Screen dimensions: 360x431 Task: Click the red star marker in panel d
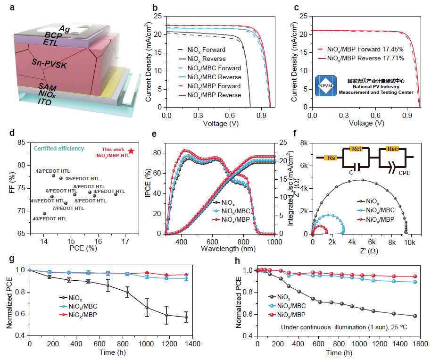point(131,151)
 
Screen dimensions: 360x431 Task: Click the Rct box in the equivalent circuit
point(357,149)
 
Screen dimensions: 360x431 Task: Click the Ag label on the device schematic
point(65,29)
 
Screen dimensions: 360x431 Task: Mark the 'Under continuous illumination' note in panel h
point(332,326)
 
